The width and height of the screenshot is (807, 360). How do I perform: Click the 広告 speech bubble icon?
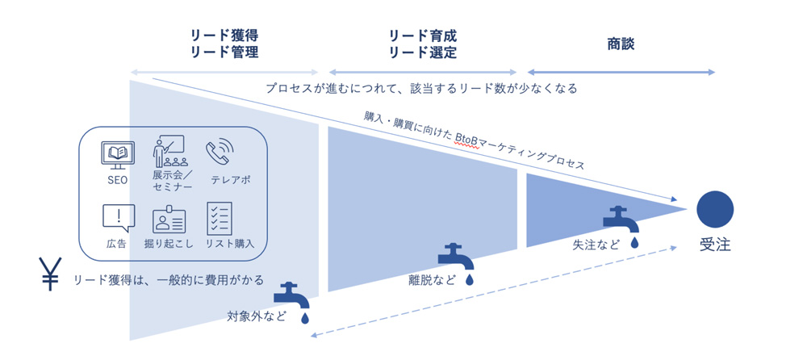(x=118, y=218)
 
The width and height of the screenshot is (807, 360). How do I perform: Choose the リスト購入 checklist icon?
(x=220, y=218)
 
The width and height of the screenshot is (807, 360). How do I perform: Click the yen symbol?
(x=50, y=274)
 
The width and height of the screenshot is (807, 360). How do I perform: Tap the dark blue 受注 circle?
(x=715, y=208)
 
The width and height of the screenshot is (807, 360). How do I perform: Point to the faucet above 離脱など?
(x=454, y=257)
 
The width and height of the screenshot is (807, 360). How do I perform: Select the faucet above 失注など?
(x=617, y=218)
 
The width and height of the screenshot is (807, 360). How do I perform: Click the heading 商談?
(x=621, y=44)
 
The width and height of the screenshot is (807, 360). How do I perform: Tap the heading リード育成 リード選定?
(x=423, y=44)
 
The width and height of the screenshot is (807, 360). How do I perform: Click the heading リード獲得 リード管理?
(x=225, y=44)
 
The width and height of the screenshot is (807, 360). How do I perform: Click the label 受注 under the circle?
(x=715, y=245)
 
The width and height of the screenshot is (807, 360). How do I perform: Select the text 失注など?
(x=597, y=243)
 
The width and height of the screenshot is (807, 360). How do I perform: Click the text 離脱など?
(x=432, y=281)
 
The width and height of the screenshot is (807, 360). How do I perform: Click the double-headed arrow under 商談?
(x=621, y=73)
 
